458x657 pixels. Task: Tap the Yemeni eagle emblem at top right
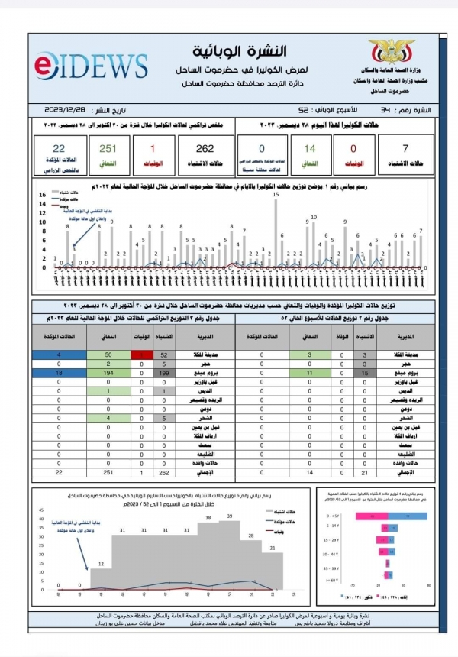(x=392, y=53)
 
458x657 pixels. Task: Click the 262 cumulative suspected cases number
(x=204, y=150)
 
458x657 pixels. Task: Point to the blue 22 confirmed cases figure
(x=59, y=150)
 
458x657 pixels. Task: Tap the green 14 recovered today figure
(x=310, y=150)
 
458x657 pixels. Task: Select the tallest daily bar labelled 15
(x=276, y=232)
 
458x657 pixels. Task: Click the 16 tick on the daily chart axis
(x=44, y=196)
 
